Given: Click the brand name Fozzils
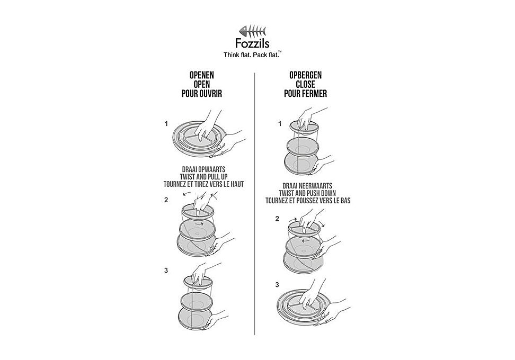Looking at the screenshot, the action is click(x=252, y=43).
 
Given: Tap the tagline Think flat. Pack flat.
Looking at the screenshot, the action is click(x=252, y=55).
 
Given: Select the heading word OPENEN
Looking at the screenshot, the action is click(x=202, y=75).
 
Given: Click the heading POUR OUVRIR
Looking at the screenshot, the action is click(x=202, y=94).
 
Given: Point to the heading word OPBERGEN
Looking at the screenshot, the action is click(x=306, y=75).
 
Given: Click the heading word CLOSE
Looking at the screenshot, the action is click(x=306, y=84).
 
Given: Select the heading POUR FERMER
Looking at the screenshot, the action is click(x=306, y=94).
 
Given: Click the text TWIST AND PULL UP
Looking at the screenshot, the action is click(x=203, y=177).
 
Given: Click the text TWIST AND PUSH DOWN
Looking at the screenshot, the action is click(x=307, y=193).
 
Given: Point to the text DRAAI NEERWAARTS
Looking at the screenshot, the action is click(x=307, y=186).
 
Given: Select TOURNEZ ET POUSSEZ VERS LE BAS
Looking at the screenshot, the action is click(x=308, y=201).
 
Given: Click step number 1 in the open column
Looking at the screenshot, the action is click(x=166, y=124).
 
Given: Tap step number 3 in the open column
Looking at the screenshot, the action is click(x=166, y=271).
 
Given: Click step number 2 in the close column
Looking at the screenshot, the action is click(x=277, y=219).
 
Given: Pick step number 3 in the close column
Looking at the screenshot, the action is click(x=277, y=284).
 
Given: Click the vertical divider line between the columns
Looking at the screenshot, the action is click(x=254, y=203).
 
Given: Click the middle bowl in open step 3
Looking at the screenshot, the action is click(x=197, y=300).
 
